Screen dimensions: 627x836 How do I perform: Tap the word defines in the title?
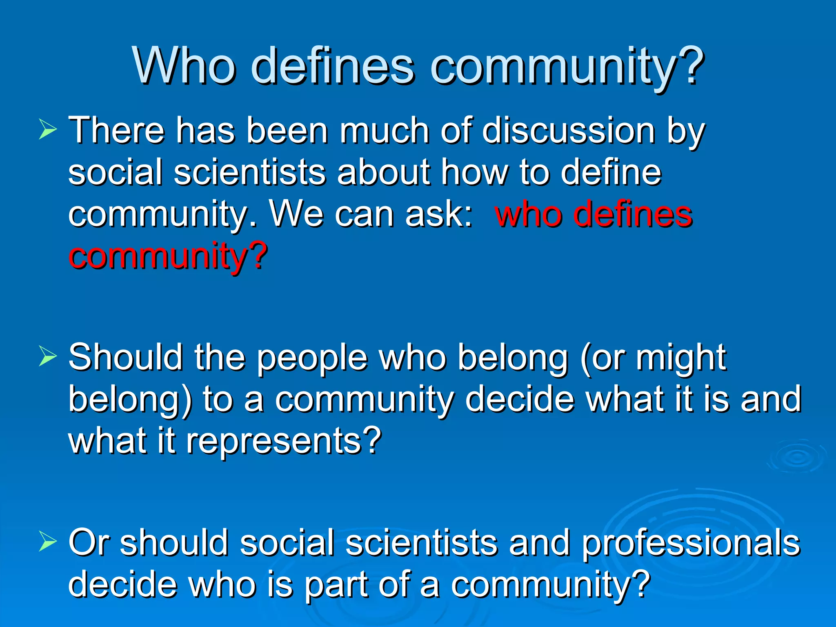[332, 65]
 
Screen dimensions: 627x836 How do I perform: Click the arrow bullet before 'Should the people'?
[48, 356]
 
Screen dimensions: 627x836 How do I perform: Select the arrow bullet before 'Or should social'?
[48, 542]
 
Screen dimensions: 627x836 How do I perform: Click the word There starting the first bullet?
[116, 131]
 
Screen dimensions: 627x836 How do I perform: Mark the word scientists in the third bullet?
[422, 543]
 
